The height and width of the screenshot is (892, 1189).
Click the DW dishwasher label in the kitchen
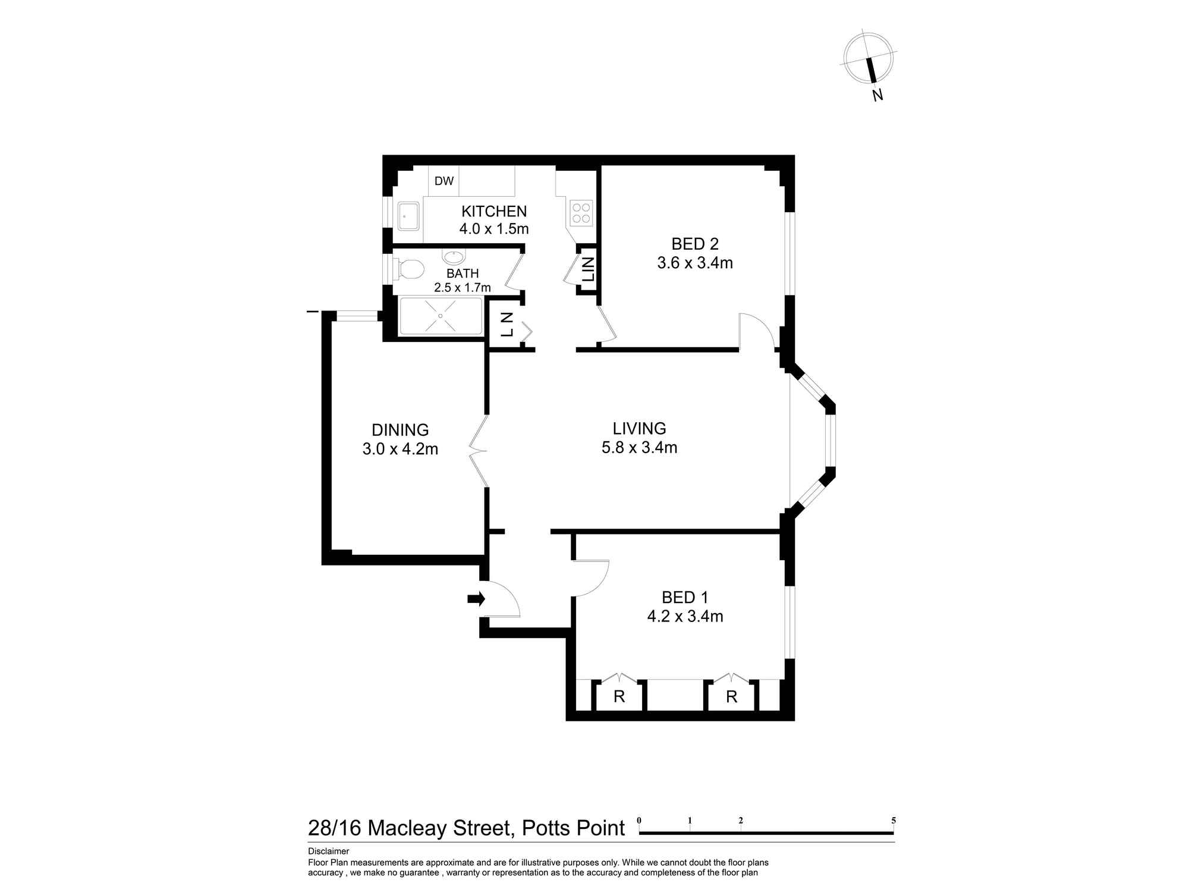pos(443,181)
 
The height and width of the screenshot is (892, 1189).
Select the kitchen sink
pos(408,216)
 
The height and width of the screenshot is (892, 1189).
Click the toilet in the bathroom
pos(409,269)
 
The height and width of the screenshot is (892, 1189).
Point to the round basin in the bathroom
pos(454,257)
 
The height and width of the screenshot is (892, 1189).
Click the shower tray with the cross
pos(441,316)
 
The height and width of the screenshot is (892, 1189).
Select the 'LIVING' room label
pos(639,428)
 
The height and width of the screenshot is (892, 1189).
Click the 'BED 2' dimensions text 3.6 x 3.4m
pos(694,263)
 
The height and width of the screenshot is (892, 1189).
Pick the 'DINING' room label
pos(400,429)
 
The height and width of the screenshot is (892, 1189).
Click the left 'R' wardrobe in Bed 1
pos(619,697)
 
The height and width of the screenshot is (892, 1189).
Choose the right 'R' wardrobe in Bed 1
pos(731,697)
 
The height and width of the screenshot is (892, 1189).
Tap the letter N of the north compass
pos(877,95)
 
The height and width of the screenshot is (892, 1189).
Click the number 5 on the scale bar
pos(894,820)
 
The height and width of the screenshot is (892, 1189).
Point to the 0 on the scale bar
pos(639,820)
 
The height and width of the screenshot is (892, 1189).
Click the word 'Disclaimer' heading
pos(328,851)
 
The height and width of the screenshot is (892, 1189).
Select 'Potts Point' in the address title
pos(573,828)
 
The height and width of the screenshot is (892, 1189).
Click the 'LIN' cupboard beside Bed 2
pos(588,269)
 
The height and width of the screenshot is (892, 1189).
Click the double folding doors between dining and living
pos(479,452)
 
